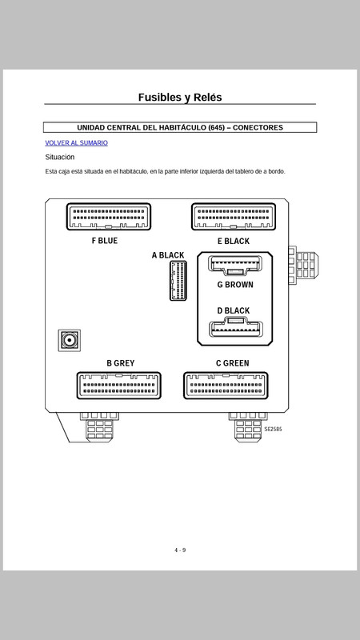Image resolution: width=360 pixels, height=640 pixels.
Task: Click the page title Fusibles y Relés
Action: point(180,97)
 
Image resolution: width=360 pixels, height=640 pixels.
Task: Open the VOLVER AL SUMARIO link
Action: point(76,143)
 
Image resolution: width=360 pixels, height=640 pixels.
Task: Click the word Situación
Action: point(59,157)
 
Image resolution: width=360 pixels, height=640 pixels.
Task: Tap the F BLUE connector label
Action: point(105,241)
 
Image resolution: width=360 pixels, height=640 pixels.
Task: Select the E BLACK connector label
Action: point(234,242)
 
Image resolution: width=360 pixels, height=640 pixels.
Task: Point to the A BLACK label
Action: point(168,255)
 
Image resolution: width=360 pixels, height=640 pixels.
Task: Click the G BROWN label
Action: point(235,285)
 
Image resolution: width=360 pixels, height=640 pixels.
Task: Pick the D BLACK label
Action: point(234,310)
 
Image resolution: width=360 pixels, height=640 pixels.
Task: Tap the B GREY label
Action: point(121,363)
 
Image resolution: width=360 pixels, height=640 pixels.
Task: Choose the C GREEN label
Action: point(232,363)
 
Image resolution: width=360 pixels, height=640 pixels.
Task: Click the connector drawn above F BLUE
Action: point(109,217)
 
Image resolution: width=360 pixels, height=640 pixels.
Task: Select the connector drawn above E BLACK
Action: point(234,217)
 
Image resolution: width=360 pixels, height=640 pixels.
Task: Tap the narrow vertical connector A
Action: point(178,281)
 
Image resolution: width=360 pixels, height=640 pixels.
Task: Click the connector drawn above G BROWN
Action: point(235,265)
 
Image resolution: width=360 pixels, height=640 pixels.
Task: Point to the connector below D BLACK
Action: point(236,328)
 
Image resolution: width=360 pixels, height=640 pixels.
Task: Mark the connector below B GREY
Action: point(118,386)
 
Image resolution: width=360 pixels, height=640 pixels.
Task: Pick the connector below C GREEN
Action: point(226,386)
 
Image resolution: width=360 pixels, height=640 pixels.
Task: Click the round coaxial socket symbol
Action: point(70,340)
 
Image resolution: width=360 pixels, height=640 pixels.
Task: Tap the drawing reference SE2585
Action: point(273,430)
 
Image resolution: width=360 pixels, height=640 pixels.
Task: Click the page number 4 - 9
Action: point(180,550)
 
